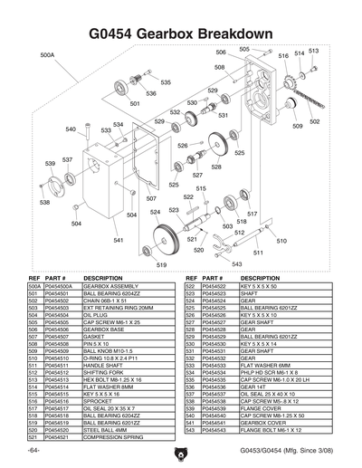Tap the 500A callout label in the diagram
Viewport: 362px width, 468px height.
coord(48,54)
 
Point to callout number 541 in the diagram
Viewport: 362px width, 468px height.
coord(119,241)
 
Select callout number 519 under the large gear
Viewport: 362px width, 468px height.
coord(162,264)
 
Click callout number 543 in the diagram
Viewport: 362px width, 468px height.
coord(236,263)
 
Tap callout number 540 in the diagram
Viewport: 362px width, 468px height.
coord(71,129)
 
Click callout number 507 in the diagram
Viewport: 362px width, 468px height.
coord(151,197)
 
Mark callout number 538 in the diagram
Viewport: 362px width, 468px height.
coord(44,203)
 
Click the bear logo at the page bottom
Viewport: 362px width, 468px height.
coord(180,450)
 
